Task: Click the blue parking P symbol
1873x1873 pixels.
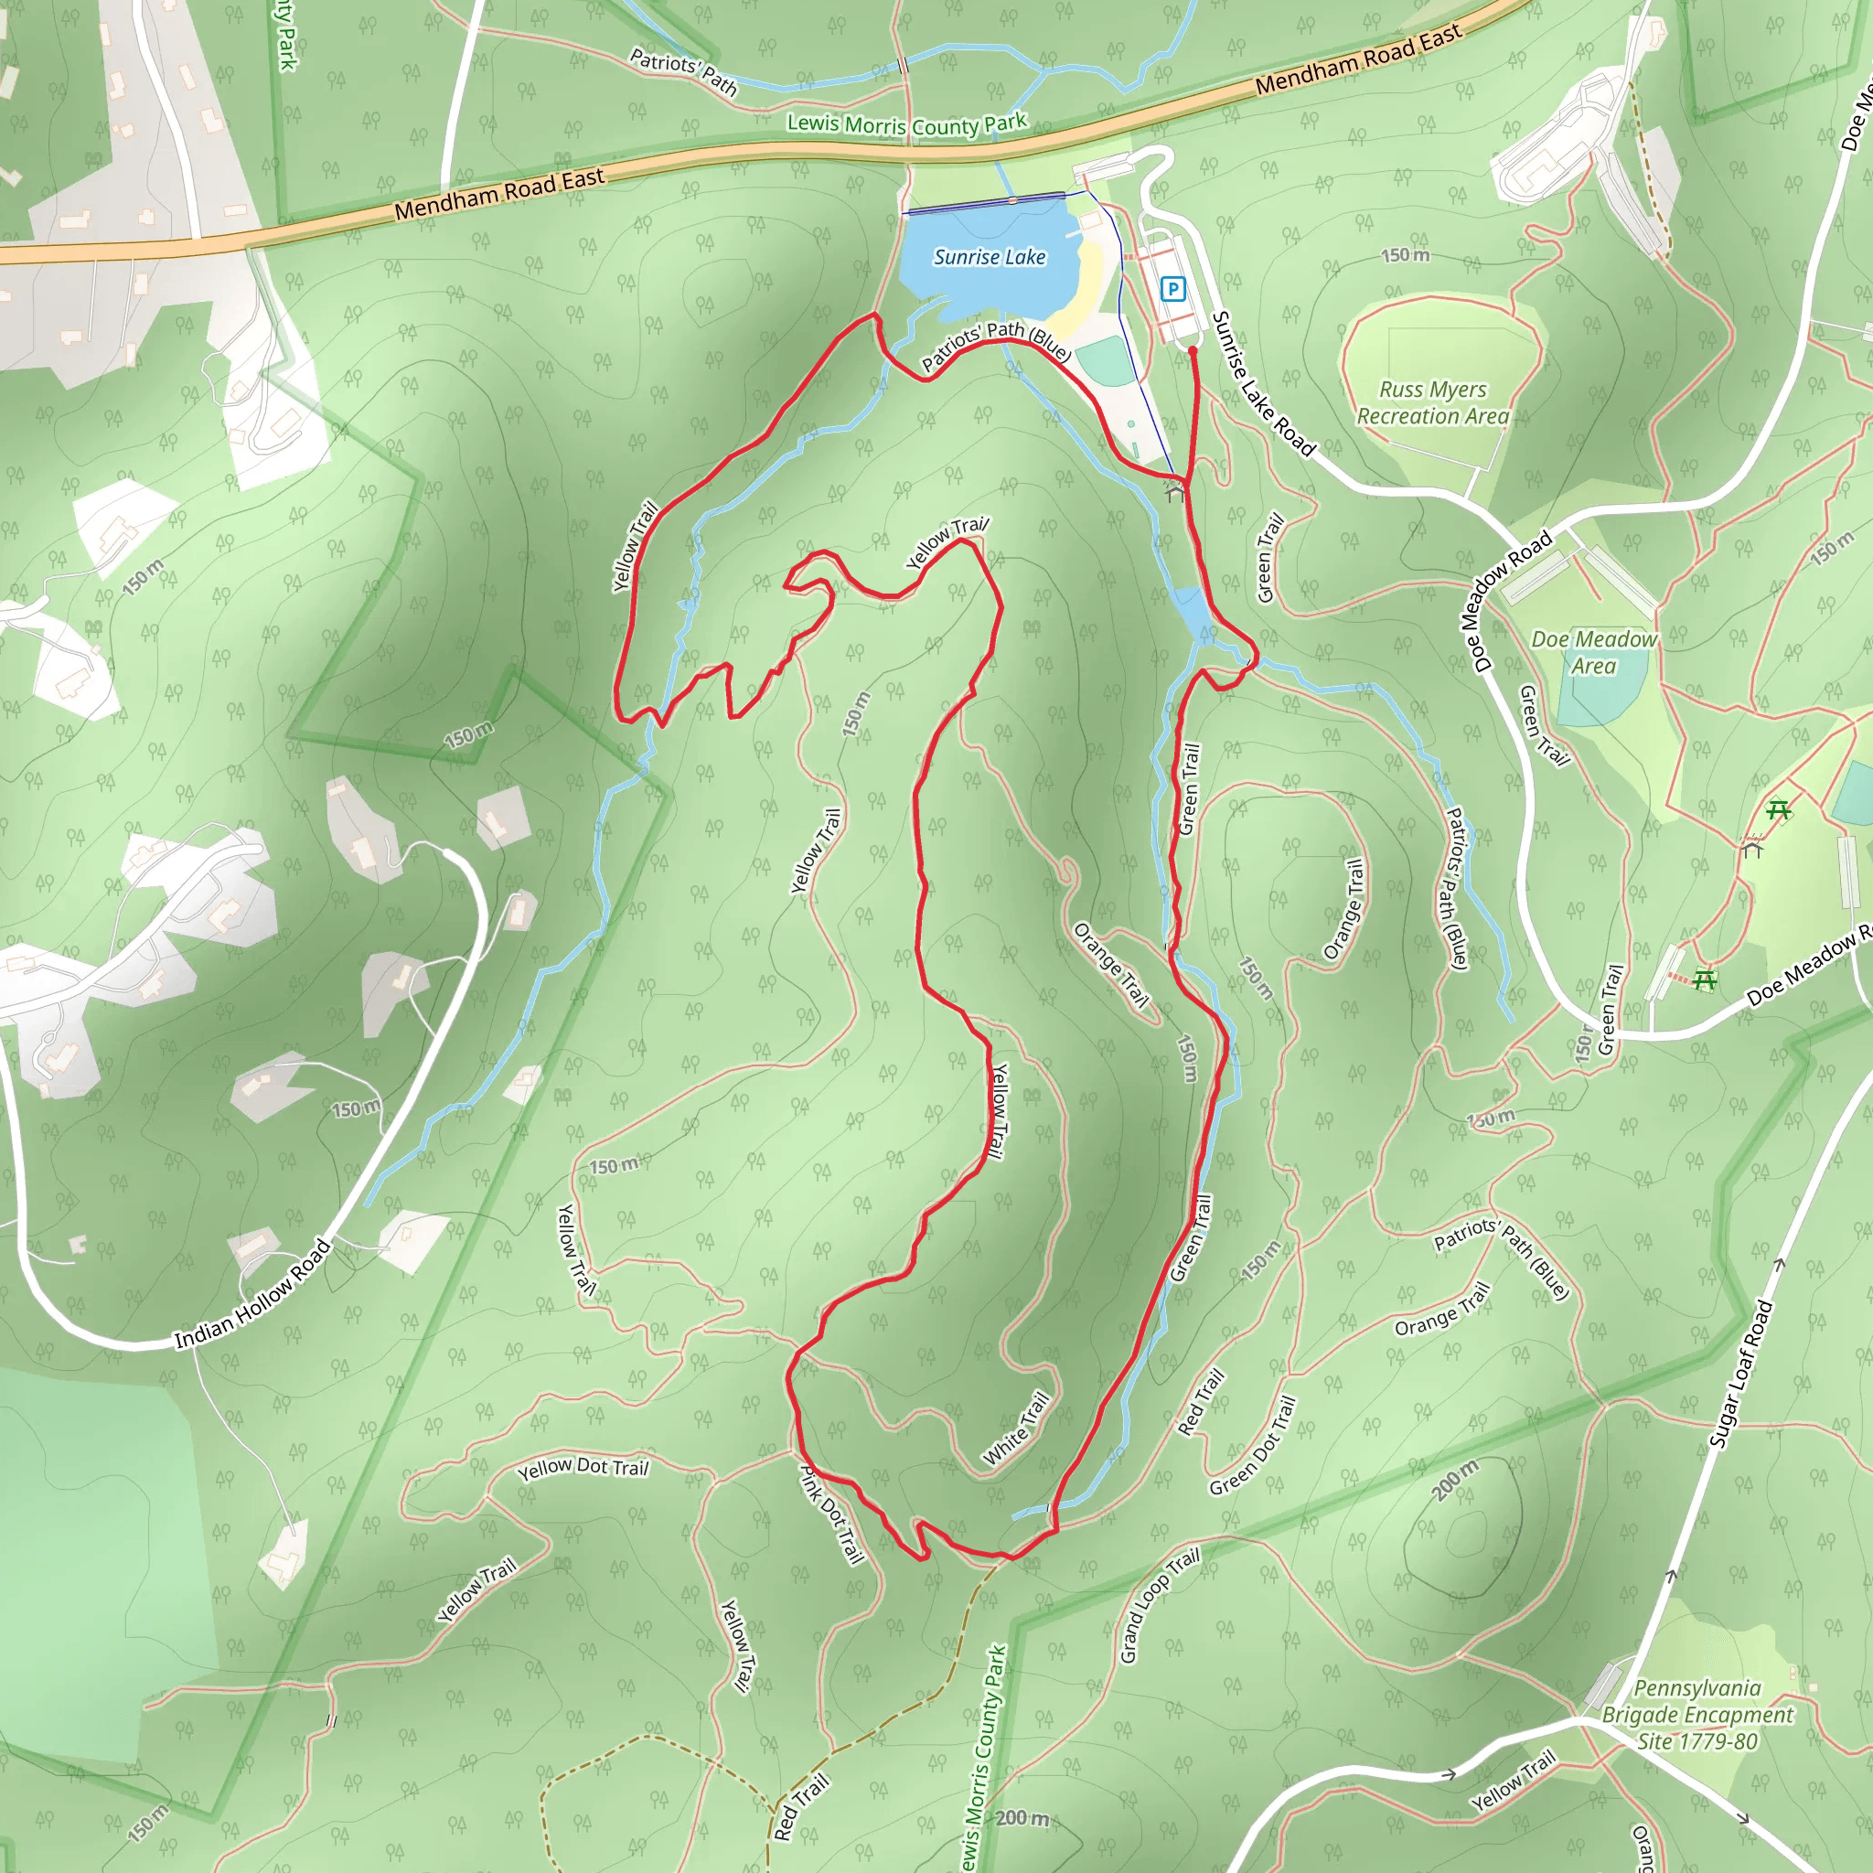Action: [1173, 288]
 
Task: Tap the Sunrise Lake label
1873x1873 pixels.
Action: [989, 257]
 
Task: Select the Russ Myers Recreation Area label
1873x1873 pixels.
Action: [1433, 402]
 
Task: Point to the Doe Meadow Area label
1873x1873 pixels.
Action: [1594, 652]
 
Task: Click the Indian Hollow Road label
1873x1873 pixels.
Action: [252, 1294]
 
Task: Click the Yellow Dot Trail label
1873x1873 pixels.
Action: [583, 1468]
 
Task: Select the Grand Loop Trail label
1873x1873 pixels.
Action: [1159, 1605]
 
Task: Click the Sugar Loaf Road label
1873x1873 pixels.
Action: [1740, 1375]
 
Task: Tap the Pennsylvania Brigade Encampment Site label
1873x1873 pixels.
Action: [1696, 1715]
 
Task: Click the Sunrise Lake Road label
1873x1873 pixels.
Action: [1263, 384]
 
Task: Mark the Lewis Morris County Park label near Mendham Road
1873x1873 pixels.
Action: [906, 124]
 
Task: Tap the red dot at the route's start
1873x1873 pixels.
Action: [1193, 351]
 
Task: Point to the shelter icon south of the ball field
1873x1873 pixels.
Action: [1175, 493]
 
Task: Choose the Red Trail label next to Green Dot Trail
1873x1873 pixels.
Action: [1200, 1402]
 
